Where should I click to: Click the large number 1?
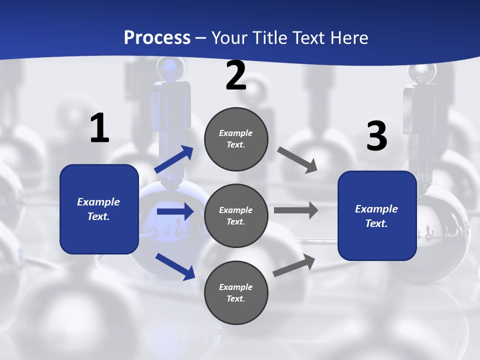(99, 128)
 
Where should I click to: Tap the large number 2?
(236, 76)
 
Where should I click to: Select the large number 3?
(376, 136)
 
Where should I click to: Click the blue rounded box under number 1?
(99, 209)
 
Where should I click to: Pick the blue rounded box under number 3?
(377, 216)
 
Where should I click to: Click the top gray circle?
(236, 139)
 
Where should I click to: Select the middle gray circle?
(236, 215)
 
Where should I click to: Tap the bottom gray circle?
(236, 292)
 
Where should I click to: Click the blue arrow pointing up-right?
(174, 159)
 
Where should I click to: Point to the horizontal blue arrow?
(174, 211)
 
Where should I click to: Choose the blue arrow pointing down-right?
(175, 266)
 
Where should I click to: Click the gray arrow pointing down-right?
(297, 159)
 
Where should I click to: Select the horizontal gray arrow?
(295, 210)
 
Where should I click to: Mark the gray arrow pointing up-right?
(294, 265)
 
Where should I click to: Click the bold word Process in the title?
(157, 37)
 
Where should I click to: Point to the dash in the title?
(201, 38)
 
